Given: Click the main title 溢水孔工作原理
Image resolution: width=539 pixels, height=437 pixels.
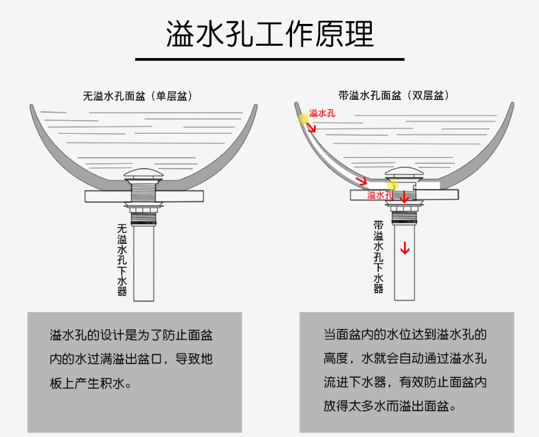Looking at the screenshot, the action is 269,33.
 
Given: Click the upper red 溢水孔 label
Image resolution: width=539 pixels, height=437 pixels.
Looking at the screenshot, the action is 322,113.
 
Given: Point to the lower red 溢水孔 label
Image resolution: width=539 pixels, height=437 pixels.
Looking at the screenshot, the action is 379,195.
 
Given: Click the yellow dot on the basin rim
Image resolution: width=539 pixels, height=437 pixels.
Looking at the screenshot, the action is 304,119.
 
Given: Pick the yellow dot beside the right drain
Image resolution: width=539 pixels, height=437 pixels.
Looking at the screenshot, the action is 392,184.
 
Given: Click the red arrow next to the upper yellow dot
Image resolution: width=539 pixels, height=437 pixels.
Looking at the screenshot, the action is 311,126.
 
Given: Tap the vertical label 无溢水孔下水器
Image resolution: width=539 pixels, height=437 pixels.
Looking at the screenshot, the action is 122,260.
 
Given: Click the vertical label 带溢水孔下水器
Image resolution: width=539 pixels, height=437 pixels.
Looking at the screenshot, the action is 379,257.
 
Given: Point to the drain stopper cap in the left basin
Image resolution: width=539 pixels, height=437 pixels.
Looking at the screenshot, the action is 144,173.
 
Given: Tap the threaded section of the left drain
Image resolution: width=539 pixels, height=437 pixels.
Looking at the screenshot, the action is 144,192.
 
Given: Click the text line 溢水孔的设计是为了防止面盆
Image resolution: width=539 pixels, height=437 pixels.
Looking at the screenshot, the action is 130,335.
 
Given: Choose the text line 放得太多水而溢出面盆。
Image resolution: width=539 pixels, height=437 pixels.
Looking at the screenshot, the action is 389,406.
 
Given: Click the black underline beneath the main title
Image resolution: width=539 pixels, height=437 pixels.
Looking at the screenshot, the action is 269,59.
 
